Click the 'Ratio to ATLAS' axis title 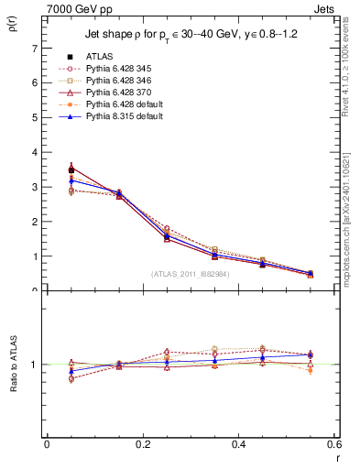click(12, 365)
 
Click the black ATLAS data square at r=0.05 click(71, 169)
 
